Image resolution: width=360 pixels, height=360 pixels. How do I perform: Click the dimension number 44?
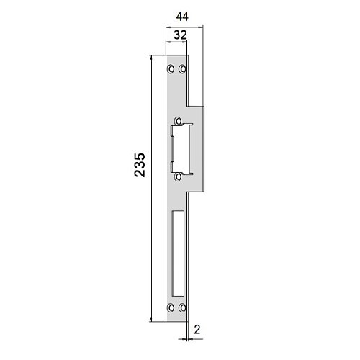click(x=182, y=17)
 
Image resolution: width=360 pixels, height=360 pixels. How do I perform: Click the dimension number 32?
click(x=180, y=35)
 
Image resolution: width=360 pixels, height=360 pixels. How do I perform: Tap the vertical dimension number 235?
click(x=140, y=165)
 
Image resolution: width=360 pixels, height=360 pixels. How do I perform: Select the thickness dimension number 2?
click(x=197, y=330)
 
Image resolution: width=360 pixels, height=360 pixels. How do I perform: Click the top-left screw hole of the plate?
click(x=171, y=69)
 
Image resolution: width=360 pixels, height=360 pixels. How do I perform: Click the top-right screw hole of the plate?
click(x=182, y=69)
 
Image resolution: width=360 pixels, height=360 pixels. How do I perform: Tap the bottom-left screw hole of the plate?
click(x=171, y=307)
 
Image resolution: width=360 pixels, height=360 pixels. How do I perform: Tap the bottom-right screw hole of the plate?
click(x=182, y=307)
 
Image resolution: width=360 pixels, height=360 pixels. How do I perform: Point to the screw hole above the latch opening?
click(x=178, y=121)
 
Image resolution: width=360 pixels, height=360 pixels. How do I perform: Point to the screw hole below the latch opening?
click(x=178, y=177)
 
